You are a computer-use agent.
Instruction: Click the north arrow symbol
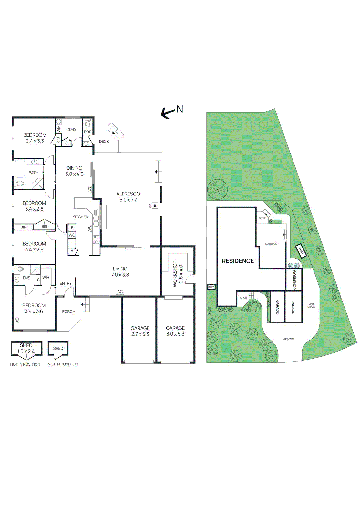168,112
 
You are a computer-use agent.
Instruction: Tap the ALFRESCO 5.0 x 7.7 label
128,197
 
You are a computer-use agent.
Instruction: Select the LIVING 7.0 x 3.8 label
120,272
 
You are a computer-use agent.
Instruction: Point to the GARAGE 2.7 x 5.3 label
140,331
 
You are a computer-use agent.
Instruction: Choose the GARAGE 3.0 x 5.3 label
175,331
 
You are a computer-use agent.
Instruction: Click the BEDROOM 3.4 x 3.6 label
34,308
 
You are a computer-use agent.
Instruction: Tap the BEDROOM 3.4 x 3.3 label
35,138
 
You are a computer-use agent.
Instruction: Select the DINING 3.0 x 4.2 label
74,171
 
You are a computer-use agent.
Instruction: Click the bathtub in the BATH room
20,169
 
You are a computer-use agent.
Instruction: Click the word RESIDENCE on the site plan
238,261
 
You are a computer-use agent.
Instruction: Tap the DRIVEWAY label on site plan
288,339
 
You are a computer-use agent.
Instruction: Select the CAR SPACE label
311,305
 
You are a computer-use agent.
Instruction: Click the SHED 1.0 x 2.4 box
26,348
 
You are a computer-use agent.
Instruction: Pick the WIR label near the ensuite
46,277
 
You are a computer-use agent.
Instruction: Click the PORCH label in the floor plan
68,312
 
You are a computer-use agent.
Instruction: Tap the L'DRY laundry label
71,130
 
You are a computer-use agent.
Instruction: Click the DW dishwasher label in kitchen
89,228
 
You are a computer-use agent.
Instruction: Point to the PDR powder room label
88,132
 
